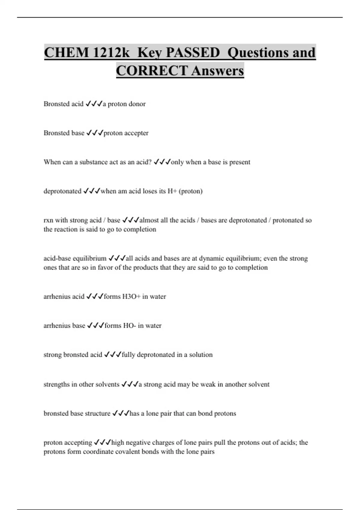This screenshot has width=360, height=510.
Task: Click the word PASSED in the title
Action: (x=193, y=53)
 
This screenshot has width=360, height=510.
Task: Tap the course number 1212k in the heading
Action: (x=111, y=53)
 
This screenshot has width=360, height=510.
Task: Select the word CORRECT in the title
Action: (x=152, y=71)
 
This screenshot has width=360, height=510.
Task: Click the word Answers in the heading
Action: (x=217, y=71)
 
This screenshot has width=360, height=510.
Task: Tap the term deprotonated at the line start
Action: (x=62, y=191)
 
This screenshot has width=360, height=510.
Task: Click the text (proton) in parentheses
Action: (x=190, y=191)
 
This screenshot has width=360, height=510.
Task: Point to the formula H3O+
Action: (x=131, y=297)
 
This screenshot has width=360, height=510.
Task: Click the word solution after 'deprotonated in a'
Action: (x=201, y=355)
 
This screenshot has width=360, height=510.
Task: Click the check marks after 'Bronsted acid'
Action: (x=94, y=104)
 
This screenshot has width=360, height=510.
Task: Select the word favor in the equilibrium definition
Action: (x=105, y=268)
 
